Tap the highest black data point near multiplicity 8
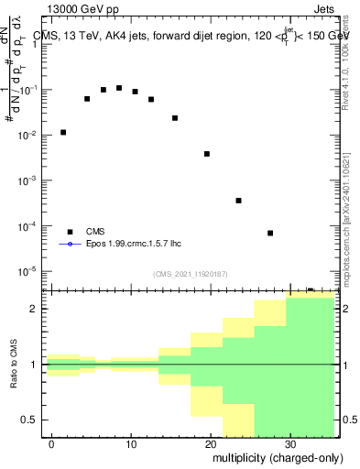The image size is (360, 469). click(x=119, y=88)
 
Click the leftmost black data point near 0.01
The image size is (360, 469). click(x=63, y=132)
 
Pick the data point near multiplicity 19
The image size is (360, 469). click(x=207, y=154)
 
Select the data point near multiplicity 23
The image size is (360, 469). click(x=238, y=201)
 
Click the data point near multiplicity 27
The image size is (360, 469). click(x=270, y=233)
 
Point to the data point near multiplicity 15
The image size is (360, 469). click(x=175, y=118)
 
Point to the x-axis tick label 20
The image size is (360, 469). click(x=210, y=444)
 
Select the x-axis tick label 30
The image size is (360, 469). click(x=289, y=444)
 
